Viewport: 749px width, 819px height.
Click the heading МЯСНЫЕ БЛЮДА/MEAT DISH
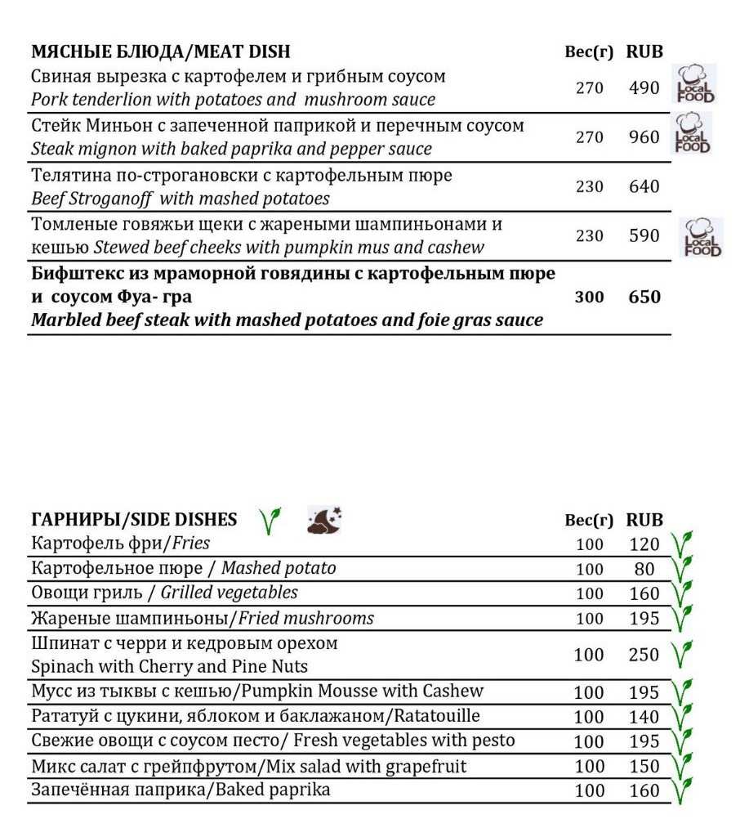pyautogui.click(x=161, y=51)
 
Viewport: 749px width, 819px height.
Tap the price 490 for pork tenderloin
pyautogui.click(x=644, y=87)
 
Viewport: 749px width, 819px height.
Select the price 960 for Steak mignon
pyautogui.click(x=644, y=137)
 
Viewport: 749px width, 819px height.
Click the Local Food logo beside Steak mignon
pyautogui.click(x=693, y=134)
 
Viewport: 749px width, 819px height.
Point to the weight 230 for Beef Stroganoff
pyautogui.click(x=589, y=187)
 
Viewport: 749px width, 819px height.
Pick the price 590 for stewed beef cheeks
pyautogui.click(x=644, y=236)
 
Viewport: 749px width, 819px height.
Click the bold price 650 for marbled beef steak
pyautogui.click(x=644, y=298)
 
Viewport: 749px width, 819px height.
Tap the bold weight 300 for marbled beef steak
pyautogui.click(x=589, y=298)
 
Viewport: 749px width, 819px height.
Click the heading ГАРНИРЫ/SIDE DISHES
pyautogui.click(x=135, y=519)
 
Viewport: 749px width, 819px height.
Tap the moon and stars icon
pyautogui.click(x=324, y=520)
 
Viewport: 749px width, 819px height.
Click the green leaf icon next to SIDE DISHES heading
pyautogui.click(x=270, y=520)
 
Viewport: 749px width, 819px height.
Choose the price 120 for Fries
pyautogui.click(x=644, y=544)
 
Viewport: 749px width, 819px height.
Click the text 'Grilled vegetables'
pyautogui.click(x=229, y=593)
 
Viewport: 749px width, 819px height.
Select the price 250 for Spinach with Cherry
pyautogui.click(x=644, y=656)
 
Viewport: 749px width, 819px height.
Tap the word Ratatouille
pyautogui.click(x=437, y=716)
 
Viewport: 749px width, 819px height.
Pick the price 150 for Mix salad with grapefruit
pyautogui.click(x=644, y=767)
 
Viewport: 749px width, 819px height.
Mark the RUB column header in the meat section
pyautogui.click(x=644, y=51)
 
